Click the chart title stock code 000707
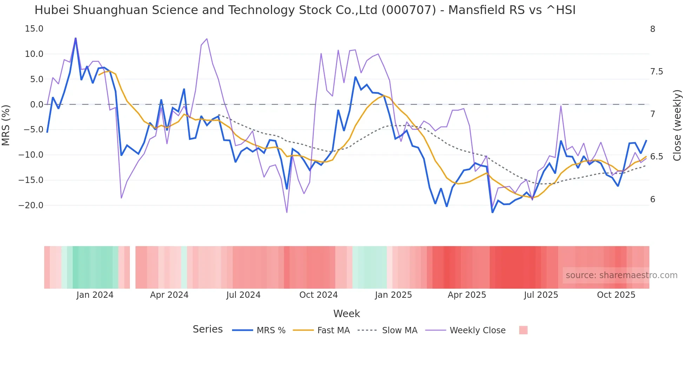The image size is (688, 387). (409, 10)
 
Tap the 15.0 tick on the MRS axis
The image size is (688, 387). (34, 29)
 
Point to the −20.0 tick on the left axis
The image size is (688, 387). (31, 205)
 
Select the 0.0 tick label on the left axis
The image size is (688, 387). (37, 105)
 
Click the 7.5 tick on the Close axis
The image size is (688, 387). (656, 72)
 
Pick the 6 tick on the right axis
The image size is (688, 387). (653, 199)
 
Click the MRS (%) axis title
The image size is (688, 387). (6, 125)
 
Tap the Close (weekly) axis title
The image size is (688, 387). (677, 125)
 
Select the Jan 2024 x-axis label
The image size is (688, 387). (95, 295)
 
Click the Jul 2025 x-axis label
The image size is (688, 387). (541, 295)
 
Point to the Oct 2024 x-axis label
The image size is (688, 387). (318, 295)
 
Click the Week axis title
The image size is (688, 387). (346, 314)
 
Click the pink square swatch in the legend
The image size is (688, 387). (523, 330)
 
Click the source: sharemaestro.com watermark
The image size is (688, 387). (621, 275)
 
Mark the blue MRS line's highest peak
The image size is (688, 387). (75, 39)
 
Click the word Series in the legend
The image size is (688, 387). (207, 329)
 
